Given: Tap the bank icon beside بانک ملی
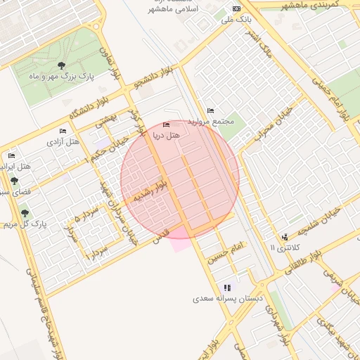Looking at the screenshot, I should coord(236,9).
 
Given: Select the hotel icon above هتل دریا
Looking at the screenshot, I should coord(166,124).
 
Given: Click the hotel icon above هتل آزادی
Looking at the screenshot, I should coord(63,131).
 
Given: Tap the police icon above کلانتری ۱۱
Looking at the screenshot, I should coord(285,238).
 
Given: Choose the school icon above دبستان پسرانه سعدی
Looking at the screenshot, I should coord(227,288).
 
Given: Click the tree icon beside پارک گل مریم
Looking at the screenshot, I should coord(25,212).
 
